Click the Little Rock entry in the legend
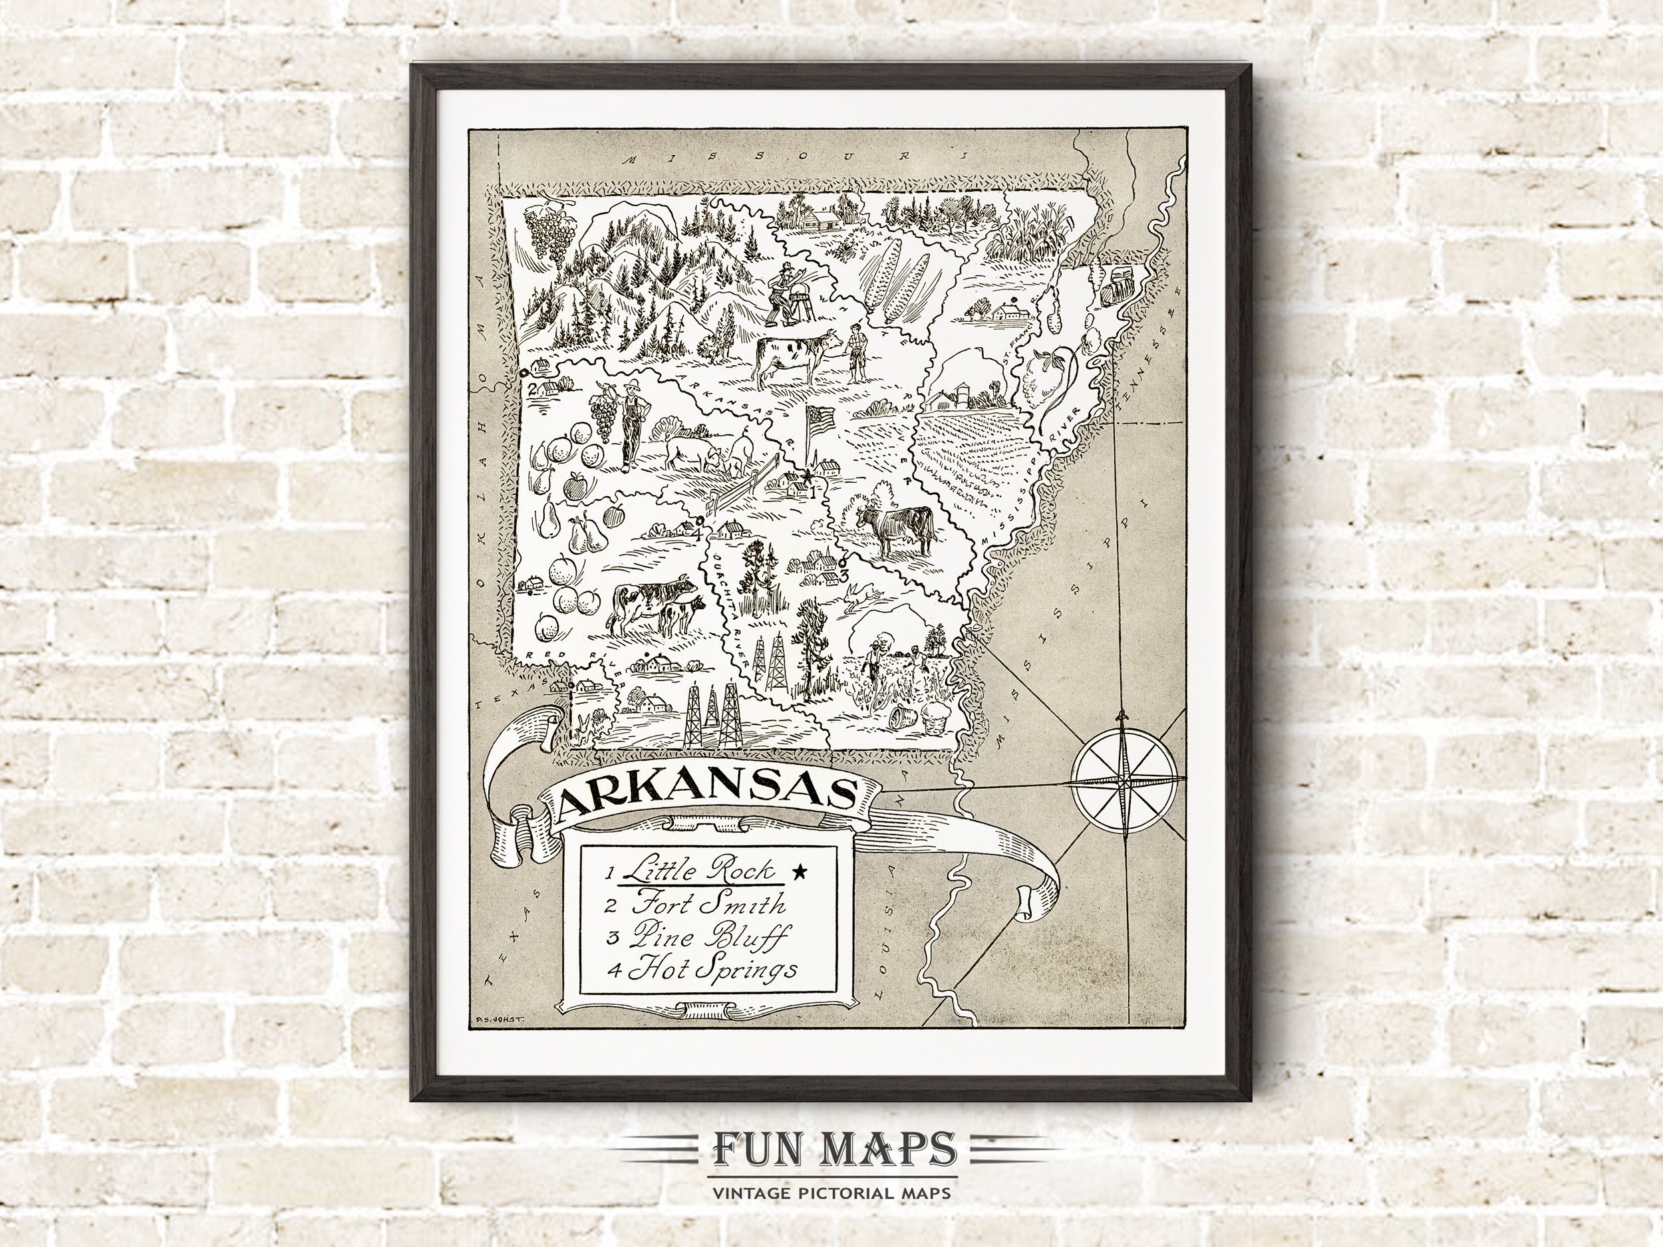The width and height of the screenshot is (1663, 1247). pyautogui.click(x=700, y=871)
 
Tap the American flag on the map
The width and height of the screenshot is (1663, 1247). pyautogui.click(x=821, y=419)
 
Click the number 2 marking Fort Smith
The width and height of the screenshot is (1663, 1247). pyautogui.click(x=532, y=389)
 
